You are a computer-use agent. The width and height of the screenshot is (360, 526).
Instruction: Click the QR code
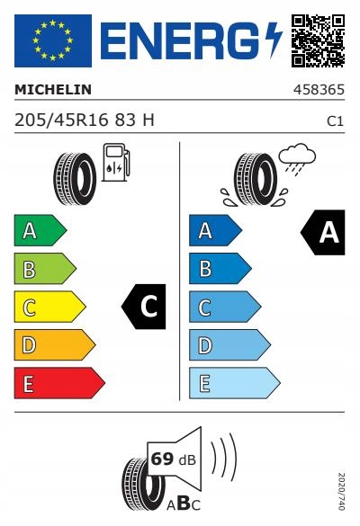318,40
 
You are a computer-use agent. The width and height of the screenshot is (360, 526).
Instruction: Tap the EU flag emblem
53,40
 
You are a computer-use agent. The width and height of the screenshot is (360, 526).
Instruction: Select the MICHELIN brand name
53,90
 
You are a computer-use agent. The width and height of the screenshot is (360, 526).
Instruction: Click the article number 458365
319,90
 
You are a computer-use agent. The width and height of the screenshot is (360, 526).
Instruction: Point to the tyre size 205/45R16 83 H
85,120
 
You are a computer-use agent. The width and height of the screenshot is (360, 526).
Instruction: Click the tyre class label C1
336,121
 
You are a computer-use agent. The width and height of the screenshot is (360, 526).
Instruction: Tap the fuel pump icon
116,163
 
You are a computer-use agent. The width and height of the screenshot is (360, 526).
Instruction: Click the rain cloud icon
297,159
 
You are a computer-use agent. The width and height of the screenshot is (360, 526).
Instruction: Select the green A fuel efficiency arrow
40,230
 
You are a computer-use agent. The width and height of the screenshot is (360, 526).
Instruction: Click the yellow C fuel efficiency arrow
49,307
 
